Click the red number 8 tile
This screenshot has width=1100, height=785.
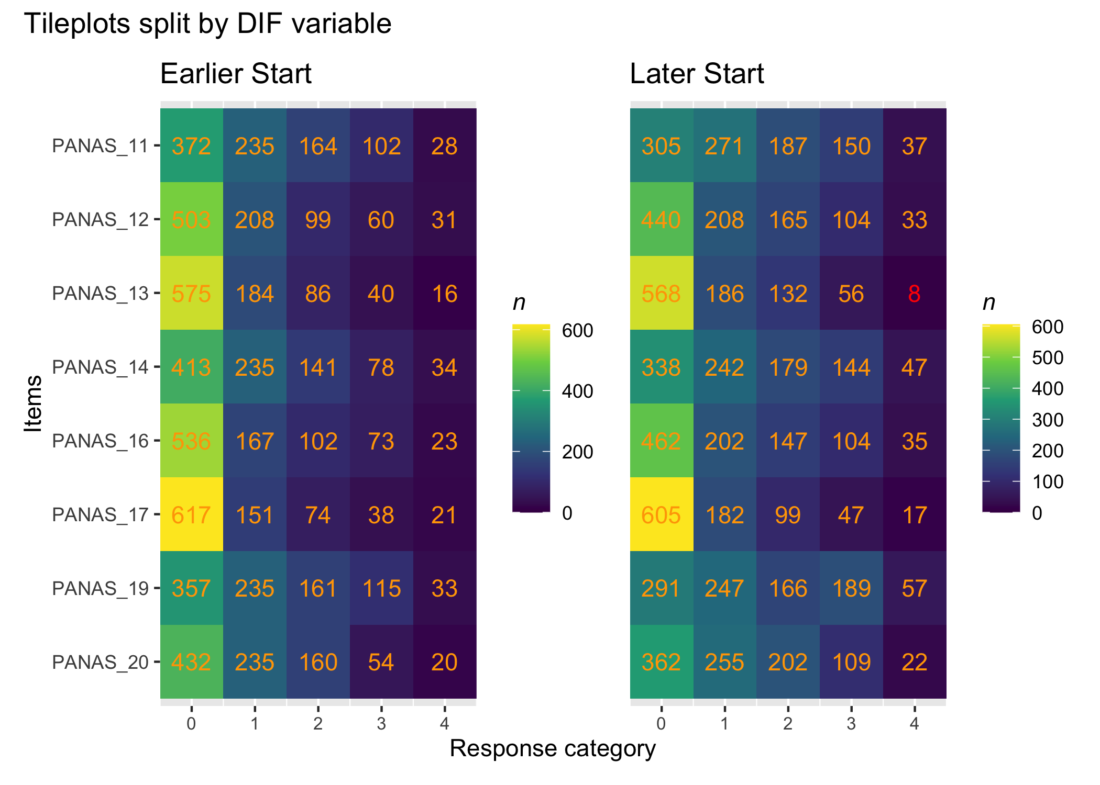point(914,294)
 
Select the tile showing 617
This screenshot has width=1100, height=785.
point(191,515)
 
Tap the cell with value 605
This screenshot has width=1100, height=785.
point(661,515)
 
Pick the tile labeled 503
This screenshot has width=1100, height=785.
point(191,220)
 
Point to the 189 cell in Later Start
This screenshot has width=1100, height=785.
point(851,589)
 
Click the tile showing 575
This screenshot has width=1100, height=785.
point(191,294)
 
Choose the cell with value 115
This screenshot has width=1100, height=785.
point(381,589)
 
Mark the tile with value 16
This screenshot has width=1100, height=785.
point(444,294)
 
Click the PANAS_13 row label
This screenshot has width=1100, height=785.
point(100,294)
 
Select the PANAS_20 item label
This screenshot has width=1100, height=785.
point(100,663)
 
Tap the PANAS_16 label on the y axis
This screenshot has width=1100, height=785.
point(100,441)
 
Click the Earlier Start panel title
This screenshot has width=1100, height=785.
point(236,74)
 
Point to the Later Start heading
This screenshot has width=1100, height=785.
point(697,74)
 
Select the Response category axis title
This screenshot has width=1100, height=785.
point(553,748)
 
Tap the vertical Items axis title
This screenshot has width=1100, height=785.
point(34,403)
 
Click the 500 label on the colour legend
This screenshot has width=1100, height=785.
point(1048,358)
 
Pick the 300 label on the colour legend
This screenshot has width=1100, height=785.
point(1048,420)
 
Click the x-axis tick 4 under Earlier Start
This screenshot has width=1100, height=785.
point(444,724)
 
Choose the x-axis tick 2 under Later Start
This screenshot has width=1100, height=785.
point(788,724)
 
